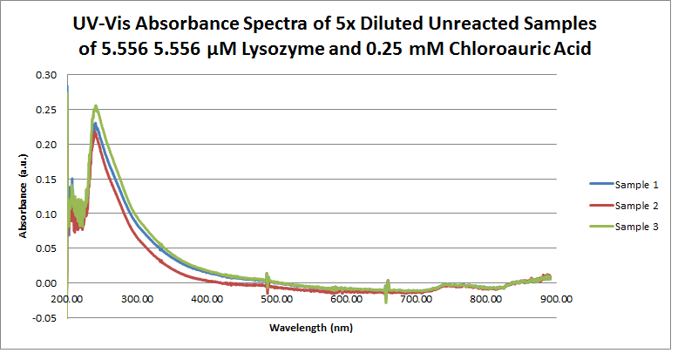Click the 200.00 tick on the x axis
coord(67,299)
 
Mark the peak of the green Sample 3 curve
coord(96,106)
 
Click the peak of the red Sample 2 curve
coord(96,132)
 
